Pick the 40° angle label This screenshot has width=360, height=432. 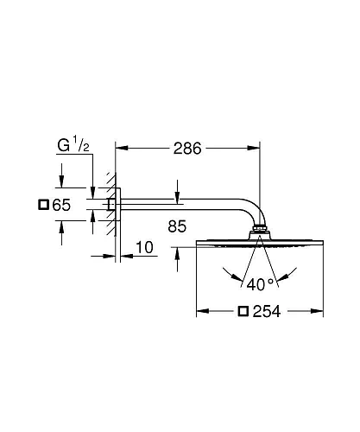tap(262, 282)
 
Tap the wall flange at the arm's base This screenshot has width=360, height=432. tap(109, 205)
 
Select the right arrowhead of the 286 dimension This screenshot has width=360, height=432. tap(257, 149)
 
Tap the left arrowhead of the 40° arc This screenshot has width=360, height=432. tap(226, 275)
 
